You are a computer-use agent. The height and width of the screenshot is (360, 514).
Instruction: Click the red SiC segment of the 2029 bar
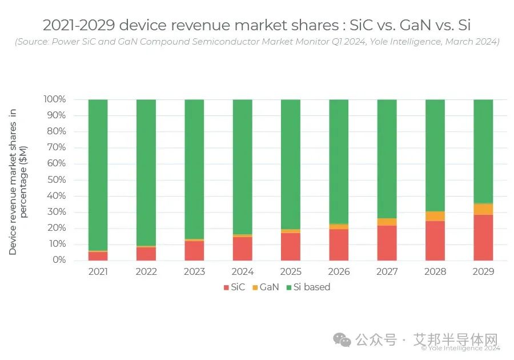483,238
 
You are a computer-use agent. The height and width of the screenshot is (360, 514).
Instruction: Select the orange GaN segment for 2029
483,209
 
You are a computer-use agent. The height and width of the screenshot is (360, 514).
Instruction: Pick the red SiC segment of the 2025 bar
291,246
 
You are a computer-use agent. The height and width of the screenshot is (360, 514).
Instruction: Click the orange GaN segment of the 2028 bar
435,216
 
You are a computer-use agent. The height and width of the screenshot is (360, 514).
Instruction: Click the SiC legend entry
234,287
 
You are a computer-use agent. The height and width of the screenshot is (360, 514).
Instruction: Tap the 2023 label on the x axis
194,271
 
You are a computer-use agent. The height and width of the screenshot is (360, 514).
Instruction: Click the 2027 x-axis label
387,271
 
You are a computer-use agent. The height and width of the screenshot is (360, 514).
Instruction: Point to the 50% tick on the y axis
55,180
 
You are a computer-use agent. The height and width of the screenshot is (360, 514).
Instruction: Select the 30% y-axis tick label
55,212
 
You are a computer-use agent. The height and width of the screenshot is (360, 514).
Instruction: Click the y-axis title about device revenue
18,181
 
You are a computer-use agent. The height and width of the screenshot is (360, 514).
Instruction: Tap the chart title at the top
256,25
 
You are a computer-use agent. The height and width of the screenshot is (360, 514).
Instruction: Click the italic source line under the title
256,42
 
